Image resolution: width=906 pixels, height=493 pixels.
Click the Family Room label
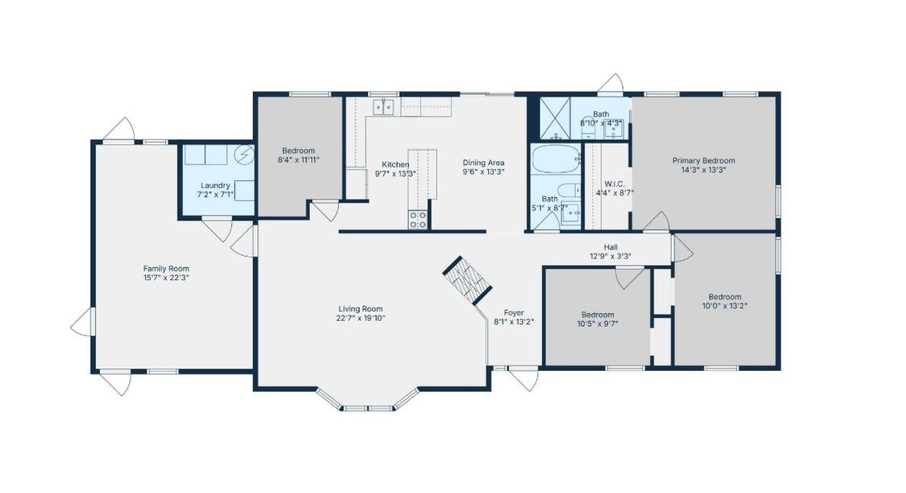167,269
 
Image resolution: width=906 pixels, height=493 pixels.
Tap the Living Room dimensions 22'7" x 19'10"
360,318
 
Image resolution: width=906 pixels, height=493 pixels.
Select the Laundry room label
215,185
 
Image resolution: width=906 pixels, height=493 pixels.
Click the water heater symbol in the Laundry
244,154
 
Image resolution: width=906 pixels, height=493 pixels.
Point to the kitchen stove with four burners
418,220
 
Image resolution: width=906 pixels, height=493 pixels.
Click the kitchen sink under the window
383,107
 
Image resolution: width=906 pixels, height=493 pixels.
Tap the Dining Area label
483,163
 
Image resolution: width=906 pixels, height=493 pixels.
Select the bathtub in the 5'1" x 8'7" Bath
556,159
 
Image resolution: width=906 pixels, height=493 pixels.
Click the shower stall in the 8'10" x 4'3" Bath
556,118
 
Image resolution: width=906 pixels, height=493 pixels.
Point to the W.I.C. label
615,184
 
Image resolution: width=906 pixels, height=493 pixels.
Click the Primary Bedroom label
704,160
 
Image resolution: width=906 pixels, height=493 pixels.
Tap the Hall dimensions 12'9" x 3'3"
611,256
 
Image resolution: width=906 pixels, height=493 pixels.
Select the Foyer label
513,313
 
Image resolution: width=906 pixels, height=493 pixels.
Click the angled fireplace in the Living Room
467,280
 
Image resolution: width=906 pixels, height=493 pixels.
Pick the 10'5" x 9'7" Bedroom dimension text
597,324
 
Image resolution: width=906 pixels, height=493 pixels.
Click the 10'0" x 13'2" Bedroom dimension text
725,306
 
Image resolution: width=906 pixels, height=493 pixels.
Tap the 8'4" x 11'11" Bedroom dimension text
299,160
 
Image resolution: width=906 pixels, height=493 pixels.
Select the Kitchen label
396,164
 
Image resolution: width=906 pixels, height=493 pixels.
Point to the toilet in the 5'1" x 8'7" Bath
569,190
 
